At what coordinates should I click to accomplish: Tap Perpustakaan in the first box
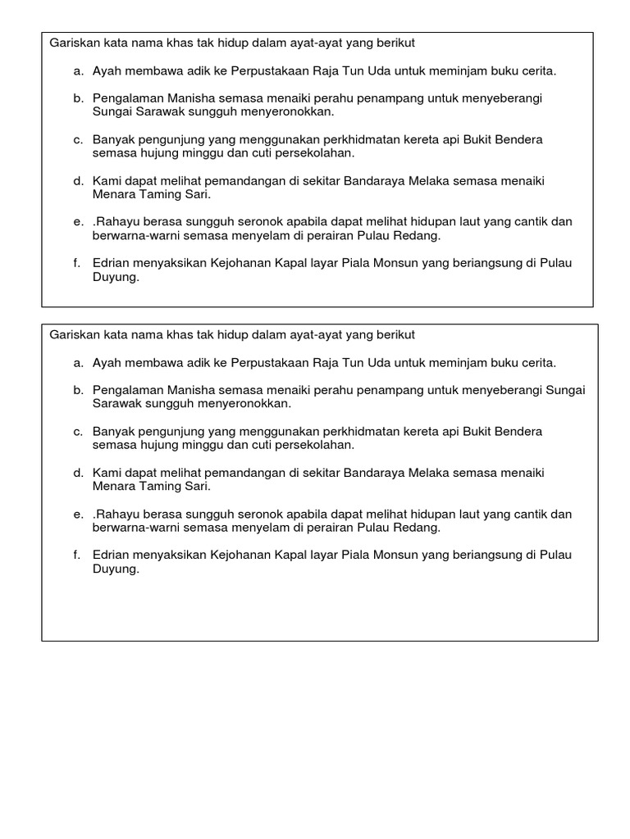coord(267,71)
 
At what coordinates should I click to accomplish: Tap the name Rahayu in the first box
coord(116,222)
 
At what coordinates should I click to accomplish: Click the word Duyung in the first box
coord(114,277)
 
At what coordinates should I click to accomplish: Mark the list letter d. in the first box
coord(78,180)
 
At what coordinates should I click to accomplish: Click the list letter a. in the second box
coord(78,362)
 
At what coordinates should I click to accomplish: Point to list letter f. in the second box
coord(77,556)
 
